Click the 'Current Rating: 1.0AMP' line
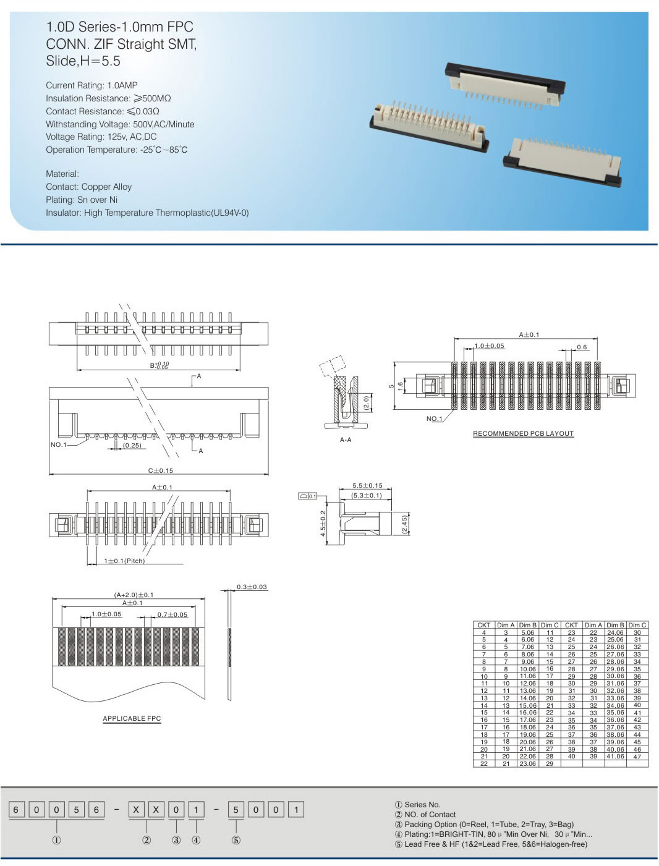[x=91, y=85]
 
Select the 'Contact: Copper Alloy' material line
[x=88, y=187]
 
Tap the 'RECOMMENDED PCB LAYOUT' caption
[x=523, y=433]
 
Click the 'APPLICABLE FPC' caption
[x=132, y=718]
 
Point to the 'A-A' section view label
[x=346, y=439]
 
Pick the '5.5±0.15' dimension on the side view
[x=367, y=486]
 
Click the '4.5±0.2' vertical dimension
[x=323, y=524]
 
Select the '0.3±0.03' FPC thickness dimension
[x=252, y=587]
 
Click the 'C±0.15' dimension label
[x=160, y=470]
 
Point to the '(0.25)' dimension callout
[x=132, y=445]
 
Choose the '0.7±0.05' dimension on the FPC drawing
[x=172, y=614]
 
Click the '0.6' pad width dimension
[x=582, y=347]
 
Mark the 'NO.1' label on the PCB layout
[x=434, y=418]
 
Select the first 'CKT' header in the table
[x=483, y=625]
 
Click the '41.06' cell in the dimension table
[x=614, y=757]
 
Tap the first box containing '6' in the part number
[x=16, y=810]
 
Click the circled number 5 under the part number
[x=236, y=840]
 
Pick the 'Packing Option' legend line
[x=484, y=824]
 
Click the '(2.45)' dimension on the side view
[x=404, y=524]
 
